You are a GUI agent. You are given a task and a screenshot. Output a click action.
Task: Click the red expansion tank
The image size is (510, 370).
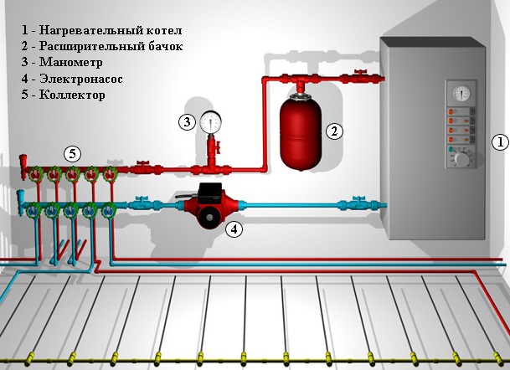(x=297, y=130)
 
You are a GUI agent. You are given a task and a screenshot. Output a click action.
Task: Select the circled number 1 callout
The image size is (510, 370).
(x=499, y=142)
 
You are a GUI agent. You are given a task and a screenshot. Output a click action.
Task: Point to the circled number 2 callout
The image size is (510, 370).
(x=334, y=131)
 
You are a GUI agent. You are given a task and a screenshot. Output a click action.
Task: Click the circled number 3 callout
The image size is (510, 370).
(x=186, y=122)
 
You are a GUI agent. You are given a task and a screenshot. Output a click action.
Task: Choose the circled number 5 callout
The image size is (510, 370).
(x=73, y=153)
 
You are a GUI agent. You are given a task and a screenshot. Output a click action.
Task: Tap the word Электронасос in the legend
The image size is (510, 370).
(x=80, y=79)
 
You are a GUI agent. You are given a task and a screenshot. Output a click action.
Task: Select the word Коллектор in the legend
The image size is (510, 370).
(x=72, y=95)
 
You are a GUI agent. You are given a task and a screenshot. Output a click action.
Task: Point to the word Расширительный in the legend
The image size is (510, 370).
(x=89, y=47)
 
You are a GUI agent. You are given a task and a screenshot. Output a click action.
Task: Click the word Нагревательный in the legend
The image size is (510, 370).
(x=89, y=30)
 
